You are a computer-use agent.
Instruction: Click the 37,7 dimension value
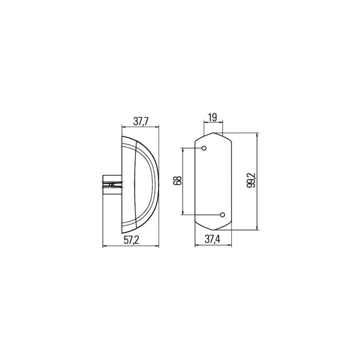(141, 122)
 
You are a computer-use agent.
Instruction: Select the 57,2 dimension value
(131, 240)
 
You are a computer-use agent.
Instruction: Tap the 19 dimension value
(213, 117)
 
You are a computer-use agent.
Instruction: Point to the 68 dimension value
(178, 180)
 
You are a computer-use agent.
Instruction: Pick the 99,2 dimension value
(251, 180)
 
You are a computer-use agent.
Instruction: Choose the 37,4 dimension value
(213, 239)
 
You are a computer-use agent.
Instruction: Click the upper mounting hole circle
(204, 148)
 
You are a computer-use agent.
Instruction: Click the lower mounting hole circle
(222, 215)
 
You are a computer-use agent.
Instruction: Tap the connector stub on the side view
(112, 185)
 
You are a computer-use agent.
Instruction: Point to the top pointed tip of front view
(214, 133)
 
